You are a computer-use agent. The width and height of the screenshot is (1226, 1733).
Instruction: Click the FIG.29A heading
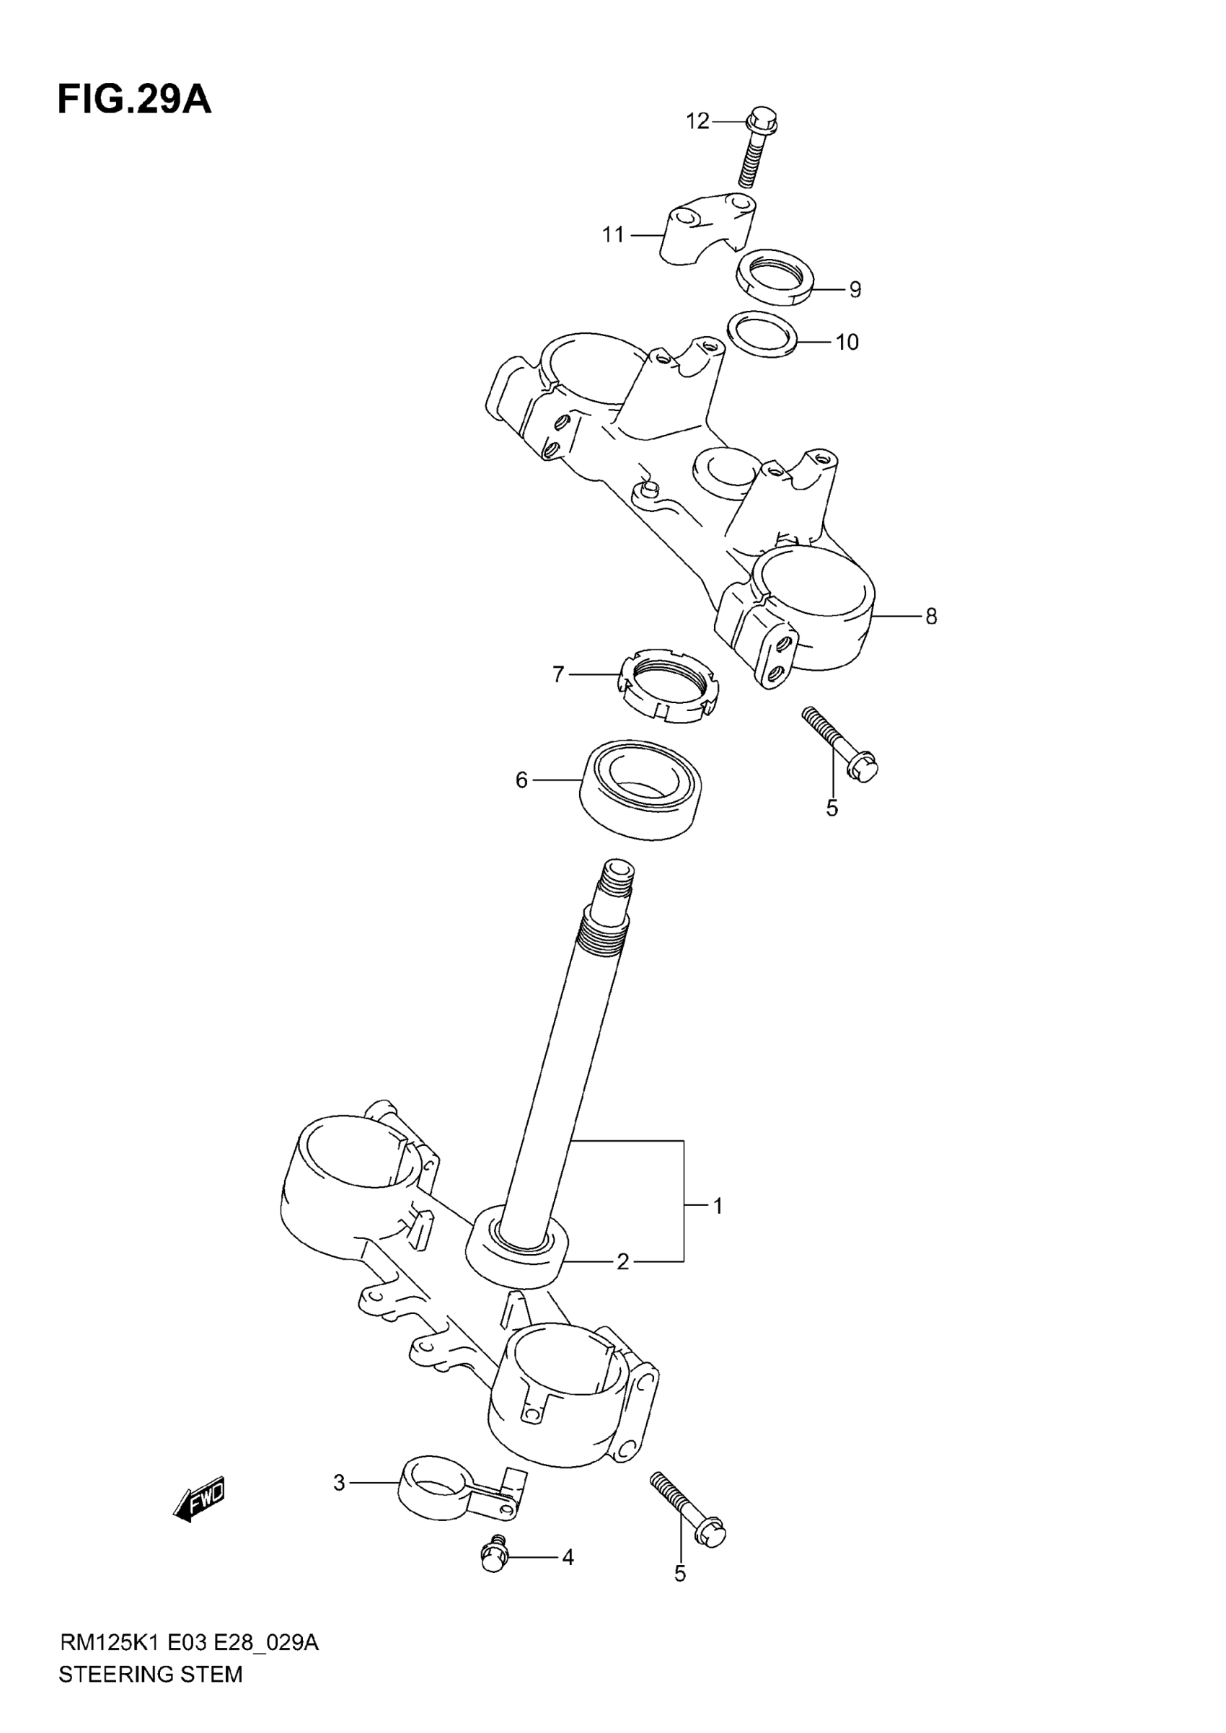click(x=134, y=100)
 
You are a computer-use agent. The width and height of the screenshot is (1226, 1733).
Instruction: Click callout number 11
click(x=613, y=236)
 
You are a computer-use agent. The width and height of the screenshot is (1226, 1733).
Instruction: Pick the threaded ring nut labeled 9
click(x=775, y=276)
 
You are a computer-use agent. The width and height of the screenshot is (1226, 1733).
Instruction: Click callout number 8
click(x=931, y=617)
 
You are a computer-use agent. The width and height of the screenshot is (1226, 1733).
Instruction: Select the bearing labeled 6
click(x=641, y=788)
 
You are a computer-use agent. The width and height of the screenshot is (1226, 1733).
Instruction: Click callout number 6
click(x=521, y=780)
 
